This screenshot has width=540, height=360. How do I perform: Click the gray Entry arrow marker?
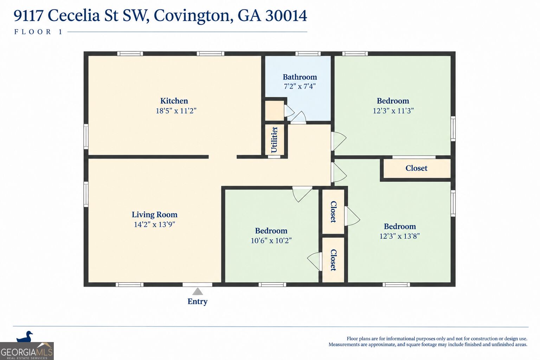click(x=198, y=291)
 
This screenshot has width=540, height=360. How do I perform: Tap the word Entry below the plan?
click(x=198, y=301)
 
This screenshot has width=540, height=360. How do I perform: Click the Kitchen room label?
click(x=174, y=101)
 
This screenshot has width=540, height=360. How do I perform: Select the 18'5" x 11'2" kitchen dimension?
click(x=176, y=111)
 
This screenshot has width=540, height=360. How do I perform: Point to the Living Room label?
click(x=155, y=214)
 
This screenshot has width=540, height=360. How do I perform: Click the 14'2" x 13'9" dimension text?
click(x=155, y=225)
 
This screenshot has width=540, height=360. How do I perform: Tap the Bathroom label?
click(x=300, y=77)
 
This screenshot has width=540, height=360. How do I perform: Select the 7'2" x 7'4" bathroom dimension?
click(x=300, y=86)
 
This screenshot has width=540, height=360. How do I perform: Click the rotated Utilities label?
click(x=274, y=140)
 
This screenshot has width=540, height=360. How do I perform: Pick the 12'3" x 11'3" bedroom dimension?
click(x=393, y=111)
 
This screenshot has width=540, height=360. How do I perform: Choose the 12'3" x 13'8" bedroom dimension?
click(x=400, y=236)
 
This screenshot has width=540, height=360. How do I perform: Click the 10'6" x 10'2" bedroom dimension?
click(x=271, y=240)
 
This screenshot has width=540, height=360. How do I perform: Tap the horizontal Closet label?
click(x=416, y=168)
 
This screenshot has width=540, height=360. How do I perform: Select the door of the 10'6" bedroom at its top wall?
click(x=302, y=194)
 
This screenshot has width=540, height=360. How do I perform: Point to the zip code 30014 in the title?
click(x=286, y=15)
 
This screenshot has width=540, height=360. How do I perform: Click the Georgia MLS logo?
click(x=27, y=351)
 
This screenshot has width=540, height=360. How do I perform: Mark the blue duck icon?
click(x=24, y=336)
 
